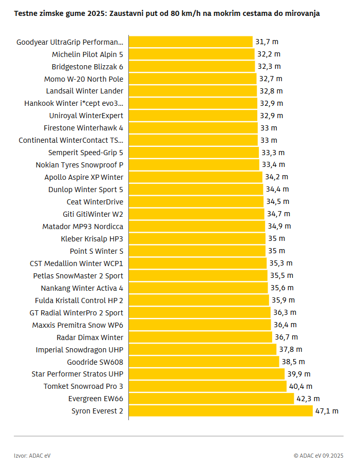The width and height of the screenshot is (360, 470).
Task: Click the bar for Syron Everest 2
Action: coord(221,411)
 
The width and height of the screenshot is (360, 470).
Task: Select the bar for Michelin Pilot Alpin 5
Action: coord(192,54)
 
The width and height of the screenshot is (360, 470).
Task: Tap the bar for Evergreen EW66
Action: coord(211,399)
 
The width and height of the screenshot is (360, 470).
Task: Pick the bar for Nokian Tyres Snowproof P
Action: coord(194,165)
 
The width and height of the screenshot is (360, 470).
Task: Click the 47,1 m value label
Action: coord(327,411)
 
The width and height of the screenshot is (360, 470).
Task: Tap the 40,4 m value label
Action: coord(300,386)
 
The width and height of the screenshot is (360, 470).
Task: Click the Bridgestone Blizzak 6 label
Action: coord(87,66)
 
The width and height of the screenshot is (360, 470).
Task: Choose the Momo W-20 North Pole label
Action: coord(84,79)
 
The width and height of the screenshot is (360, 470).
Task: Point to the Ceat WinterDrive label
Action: coord(95,202)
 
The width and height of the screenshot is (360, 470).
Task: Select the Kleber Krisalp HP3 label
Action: coord(92,239)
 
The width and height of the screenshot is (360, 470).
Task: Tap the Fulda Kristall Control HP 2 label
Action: coord(79,300)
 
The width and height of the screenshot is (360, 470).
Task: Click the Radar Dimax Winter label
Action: coord(90,337)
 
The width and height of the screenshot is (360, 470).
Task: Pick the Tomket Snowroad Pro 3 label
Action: coord(83,386)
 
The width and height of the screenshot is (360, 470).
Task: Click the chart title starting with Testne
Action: coord(167,13)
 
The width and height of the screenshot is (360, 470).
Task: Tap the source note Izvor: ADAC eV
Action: coord(32,455)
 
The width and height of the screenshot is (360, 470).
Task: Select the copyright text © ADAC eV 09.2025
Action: coord(318,455)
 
